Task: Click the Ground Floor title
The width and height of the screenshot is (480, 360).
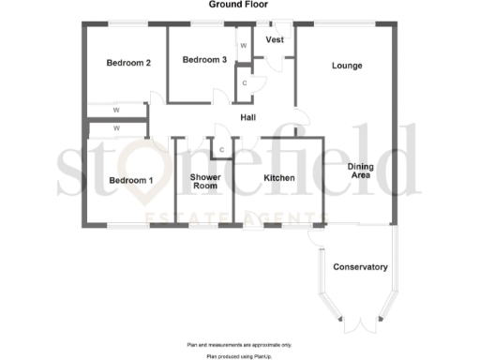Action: click(239, 6)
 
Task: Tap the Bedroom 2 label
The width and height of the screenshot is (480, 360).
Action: click(128, 63)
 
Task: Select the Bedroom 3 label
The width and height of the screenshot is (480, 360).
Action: click(204, 60)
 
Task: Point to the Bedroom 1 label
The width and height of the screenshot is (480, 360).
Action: click(130, 180)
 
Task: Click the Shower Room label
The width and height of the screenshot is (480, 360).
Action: click(204, 181)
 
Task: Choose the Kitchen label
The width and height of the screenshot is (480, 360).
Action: click(279, 177)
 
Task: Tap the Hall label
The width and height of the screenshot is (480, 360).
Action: click(248, 117)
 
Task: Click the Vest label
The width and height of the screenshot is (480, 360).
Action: click(276, 40)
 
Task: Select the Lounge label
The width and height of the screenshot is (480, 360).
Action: click(348, 66)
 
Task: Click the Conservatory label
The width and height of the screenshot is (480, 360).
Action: click(360, 267)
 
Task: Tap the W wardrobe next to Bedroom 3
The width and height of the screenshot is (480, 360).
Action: click(243, 45)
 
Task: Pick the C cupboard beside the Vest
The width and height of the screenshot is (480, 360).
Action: click(244, 82)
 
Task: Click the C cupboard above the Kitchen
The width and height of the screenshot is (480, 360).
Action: click(222, 149)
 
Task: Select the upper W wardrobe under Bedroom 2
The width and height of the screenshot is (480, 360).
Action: click(116, 110)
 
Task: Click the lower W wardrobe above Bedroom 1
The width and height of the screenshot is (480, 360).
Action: click(116, 127)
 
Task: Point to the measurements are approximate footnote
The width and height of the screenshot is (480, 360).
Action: click(240, 345)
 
